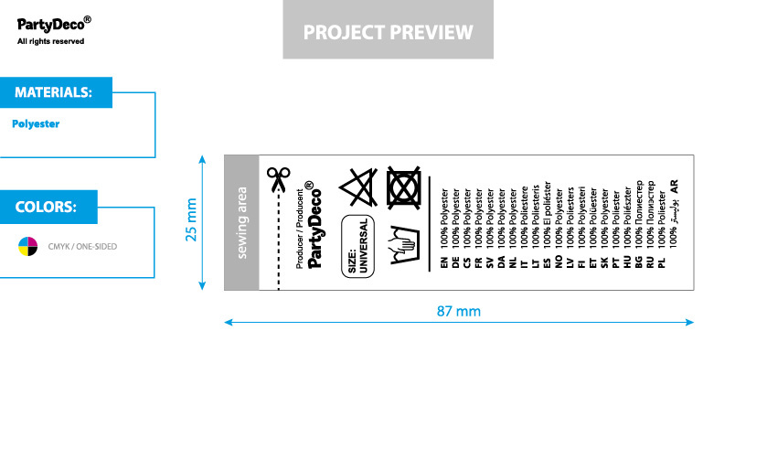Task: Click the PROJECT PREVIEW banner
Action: [388, 32]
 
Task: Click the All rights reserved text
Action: [51, 41]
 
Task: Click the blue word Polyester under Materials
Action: [36, 123]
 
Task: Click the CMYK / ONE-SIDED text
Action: [82, 247]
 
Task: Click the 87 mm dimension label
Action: [458, 310]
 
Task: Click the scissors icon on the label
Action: [276, 177]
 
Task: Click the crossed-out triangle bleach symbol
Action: [358, 189]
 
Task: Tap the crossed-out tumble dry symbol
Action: [404, 189]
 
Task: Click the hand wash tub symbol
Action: [404, 246]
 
